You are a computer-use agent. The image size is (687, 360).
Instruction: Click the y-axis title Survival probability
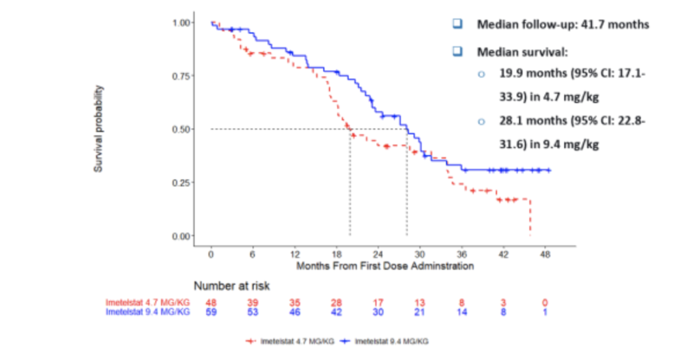[x=99, y=129]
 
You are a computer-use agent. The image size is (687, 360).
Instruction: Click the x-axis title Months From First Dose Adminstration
[x=385, y=266]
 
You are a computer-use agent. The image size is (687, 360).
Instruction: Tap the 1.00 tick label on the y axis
[x=182, y=23]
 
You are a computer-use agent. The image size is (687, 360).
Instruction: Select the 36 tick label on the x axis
[x=462, y=253]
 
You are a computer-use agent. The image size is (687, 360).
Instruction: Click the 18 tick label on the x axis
[x=336, y=253]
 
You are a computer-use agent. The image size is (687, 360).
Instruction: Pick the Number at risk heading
[x=232, y=286]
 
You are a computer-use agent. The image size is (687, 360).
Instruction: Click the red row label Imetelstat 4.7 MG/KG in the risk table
[x=148, y=303]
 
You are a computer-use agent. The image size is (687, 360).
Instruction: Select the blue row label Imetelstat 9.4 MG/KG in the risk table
[x=148, y=312]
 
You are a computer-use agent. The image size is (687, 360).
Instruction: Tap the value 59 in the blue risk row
[x=211, y=312]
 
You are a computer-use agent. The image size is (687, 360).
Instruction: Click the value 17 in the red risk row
[x=378, y=303]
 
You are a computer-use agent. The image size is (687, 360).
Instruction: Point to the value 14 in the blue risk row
[x=462, y=312]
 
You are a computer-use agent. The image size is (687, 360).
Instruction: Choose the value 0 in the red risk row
[x=545, y=303]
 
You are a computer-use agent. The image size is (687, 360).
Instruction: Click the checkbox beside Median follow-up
[x=457, y=24]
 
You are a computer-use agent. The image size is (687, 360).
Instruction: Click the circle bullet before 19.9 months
[x=481, y=74]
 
